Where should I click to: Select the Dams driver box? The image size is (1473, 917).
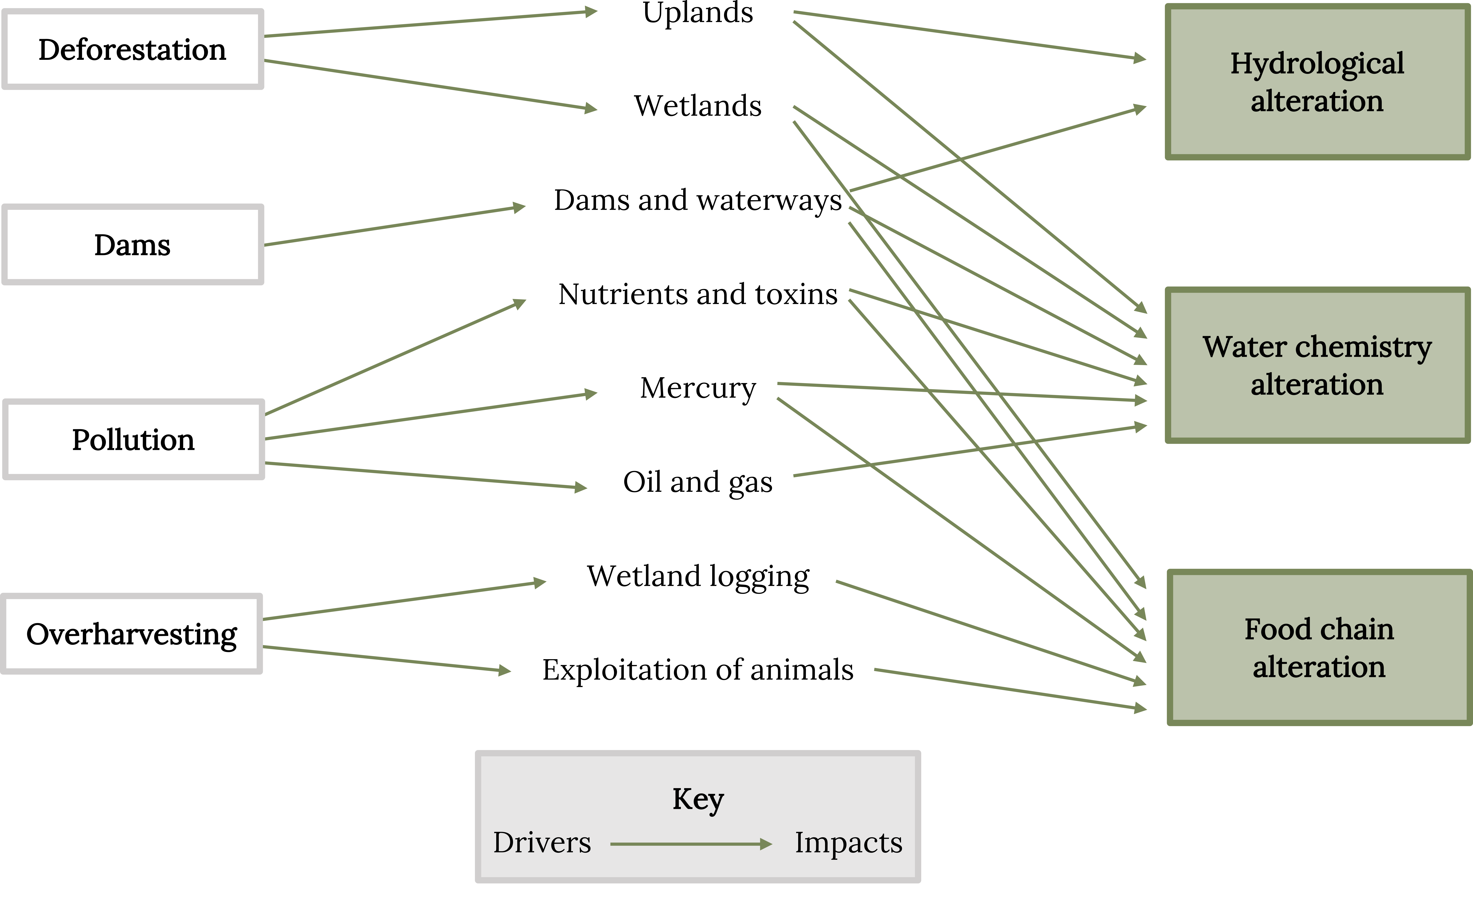(133, 244)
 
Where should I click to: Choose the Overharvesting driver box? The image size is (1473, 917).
(131, 634)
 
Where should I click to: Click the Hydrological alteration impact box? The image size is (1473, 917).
(1317, 82)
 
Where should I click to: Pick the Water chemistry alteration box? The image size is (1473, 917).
(1317, 365)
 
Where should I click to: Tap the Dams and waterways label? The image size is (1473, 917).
(698, 200)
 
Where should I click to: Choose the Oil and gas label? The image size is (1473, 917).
(698, 482)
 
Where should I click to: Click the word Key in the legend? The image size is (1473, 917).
(698, 799)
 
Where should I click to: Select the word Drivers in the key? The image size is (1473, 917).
(542, 842)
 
